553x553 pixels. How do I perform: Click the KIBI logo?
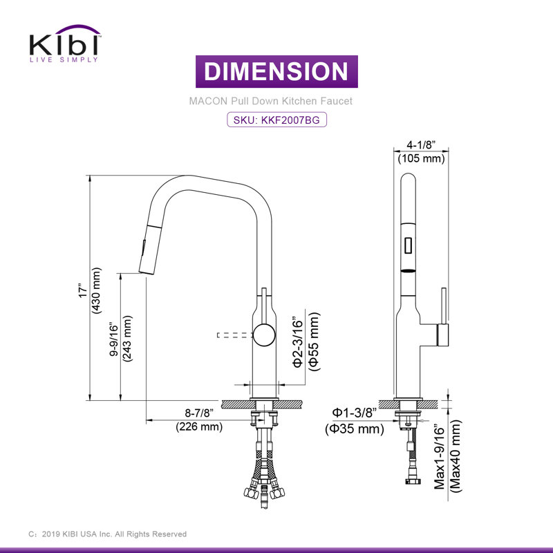pyautogui.click(x=64, y=44)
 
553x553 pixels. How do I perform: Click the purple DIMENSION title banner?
pyautogui.click(x=276, y=72)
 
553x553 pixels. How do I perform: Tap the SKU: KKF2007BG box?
pyautogui.click(x=276, y=120)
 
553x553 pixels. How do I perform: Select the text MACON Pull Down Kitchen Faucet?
pyautogui.click(x=271, y=101)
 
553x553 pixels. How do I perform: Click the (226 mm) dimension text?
pyautogui.click(x=198, y=427)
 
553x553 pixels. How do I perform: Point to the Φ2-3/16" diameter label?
pyautogui.click(x=298, y=342)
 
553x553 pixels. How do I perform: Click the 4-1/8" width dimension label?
pyautogui.click(x=420, y=145)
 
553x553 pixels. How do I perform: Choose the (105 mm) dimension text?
pyautogui.click(x=420, y=159)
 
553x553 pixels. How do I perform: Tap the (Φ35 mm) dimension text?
pyautogui.click(x=355, y=429)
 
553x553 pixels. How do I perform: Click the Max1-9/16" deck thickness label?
pyautogui.click(x=440, y=456)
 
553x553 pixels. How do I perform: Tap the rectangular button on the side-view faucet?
pyautogui.click(x=408, y=245)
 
